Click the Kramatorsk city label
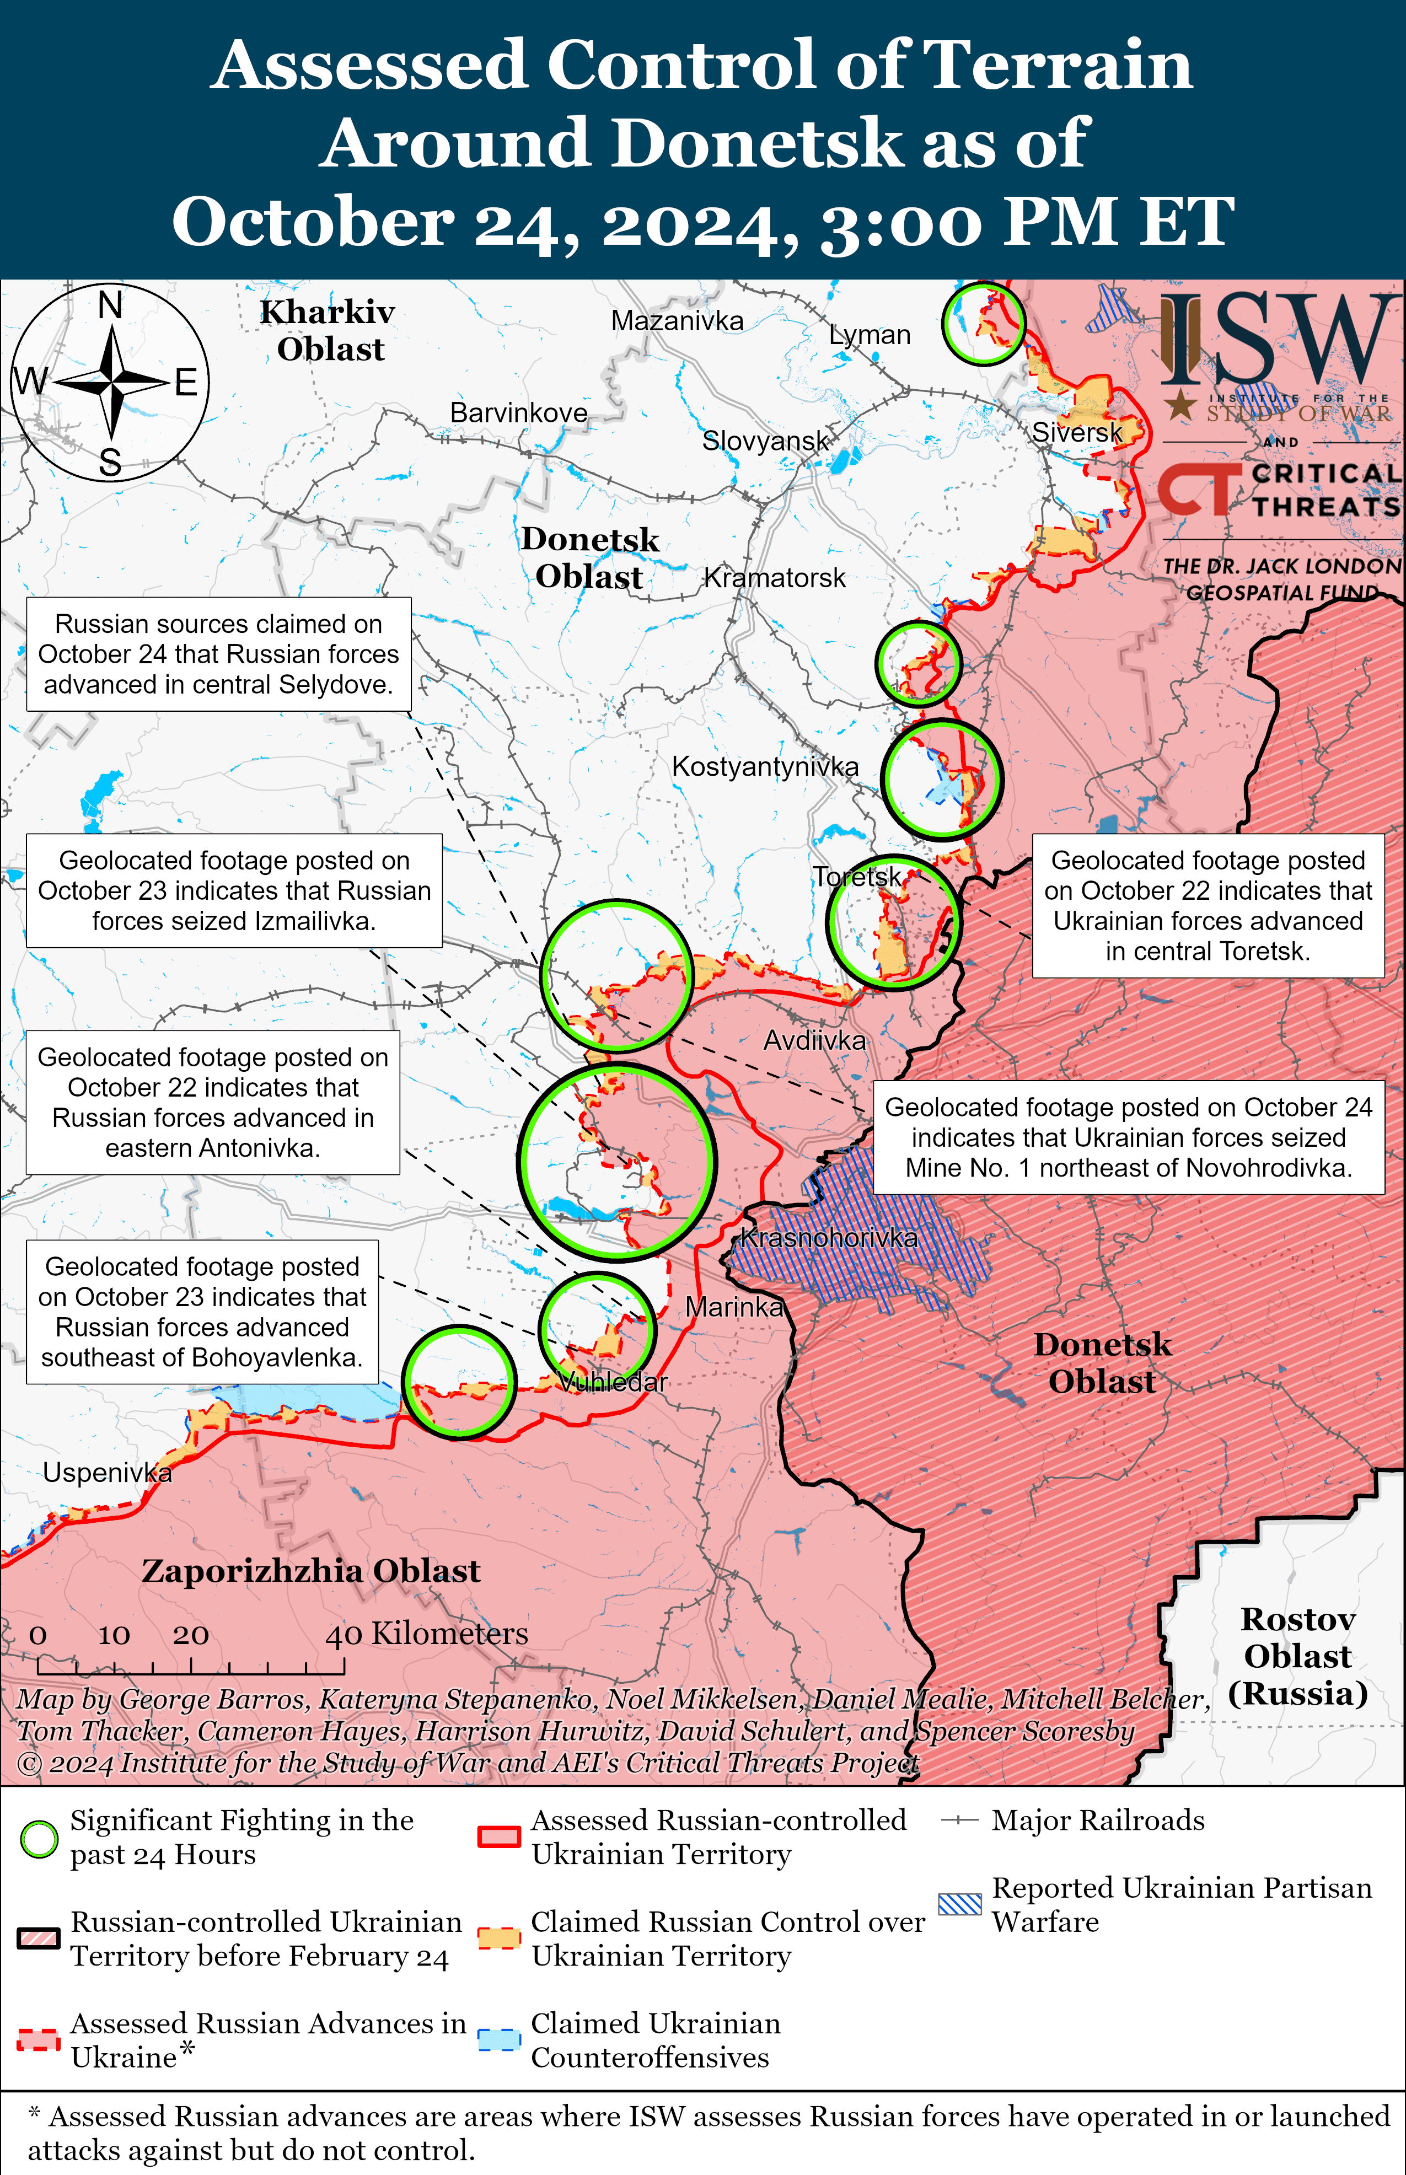(x=774, y=578)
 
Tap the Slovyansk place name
(x=765, y=441)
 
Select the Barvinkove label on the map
(x=519, y=412)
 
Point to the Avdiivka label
(x=814, y=1040)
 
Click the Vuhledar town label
(x=614, y=1382)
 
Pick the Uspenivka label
(x=108, y=1472)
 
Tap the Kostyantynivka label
(x=765, y=767)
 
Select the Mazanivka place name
(x=677, y=321)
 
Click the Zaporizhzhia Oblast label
(x=310, y=1571)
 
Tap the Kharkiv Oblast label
(x=329, y=330)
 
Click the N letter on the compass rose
(x=110, y=305)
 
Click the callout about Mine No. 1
(x=1129, y=1137)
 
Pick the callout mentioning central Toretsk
(x=1208, y=905)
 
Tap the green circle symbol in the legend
(x=39, y=1839)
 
